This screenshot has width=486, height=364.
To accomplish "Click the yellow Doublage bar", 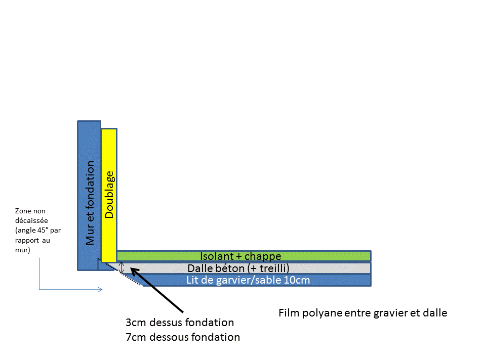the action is click(109, 152).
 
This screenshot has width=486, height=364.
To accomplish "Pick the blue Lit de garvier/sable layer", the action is click(344, 280).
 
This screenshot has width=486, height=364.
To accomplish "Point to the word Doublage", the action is click(109, 195).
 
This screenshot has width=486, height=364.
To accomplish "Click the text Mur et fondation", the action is click(90, 203).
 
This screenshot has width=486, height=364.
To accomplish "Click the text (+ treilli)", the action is click(270, 268).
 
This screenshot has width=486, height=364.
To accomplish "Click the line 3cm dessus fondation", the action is click(180, 323).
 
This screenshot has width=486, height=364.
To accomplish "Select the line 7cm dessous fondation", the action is click(183, 337).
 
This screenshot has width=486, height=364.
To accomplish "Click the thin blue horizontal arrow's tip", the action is click(102, 290).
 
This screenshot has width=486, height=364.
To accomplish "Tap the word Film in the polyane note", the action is click(288, 313).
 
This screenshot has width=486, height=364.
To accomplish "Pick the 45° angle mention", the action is click(43, 230).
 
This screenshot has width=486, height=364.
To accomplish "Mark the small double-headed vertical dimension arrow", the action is click(121, 267).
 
